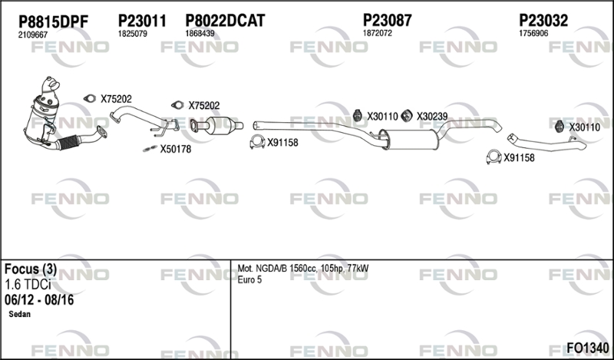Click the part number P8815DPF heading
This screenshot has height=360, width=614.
click(54, 22)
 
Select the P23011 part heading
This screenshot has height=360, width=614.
click(142, 21)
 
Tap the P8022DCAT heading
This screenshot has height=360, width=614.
click(225, 21)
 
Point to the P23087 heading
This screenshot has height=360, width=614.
click(388, 20)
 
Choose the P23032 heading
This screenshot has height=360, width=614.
click(543, 21)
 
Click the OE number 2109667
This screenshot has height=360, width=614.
click(33, 35)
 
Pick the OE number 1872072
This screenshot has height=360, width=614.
click(378, 33)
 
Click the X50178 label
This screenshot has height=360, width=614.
click(176, 149)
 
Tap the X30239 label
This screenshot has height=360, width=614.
click(432, 117)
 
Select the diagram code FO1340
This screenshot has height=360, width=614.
click(588, 348)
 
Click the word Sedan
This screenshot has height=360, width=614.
click(20, 314)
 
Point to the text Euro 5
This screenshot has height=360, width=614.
click(249, 279)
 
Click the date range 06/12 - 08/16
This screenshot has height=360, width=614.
click(39, 300)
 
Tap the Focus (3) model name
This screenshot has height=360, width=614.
click(31, 269)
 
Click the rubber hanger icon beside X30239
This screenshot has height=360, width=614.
click(407, 116)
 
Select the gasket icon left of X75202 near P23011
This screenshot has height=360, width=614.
click(90, 99)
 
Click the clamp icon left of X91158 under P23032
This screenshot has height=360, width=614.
click(494, 157)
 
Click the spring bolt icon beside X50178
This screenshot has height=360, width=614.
click(150, 149)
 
